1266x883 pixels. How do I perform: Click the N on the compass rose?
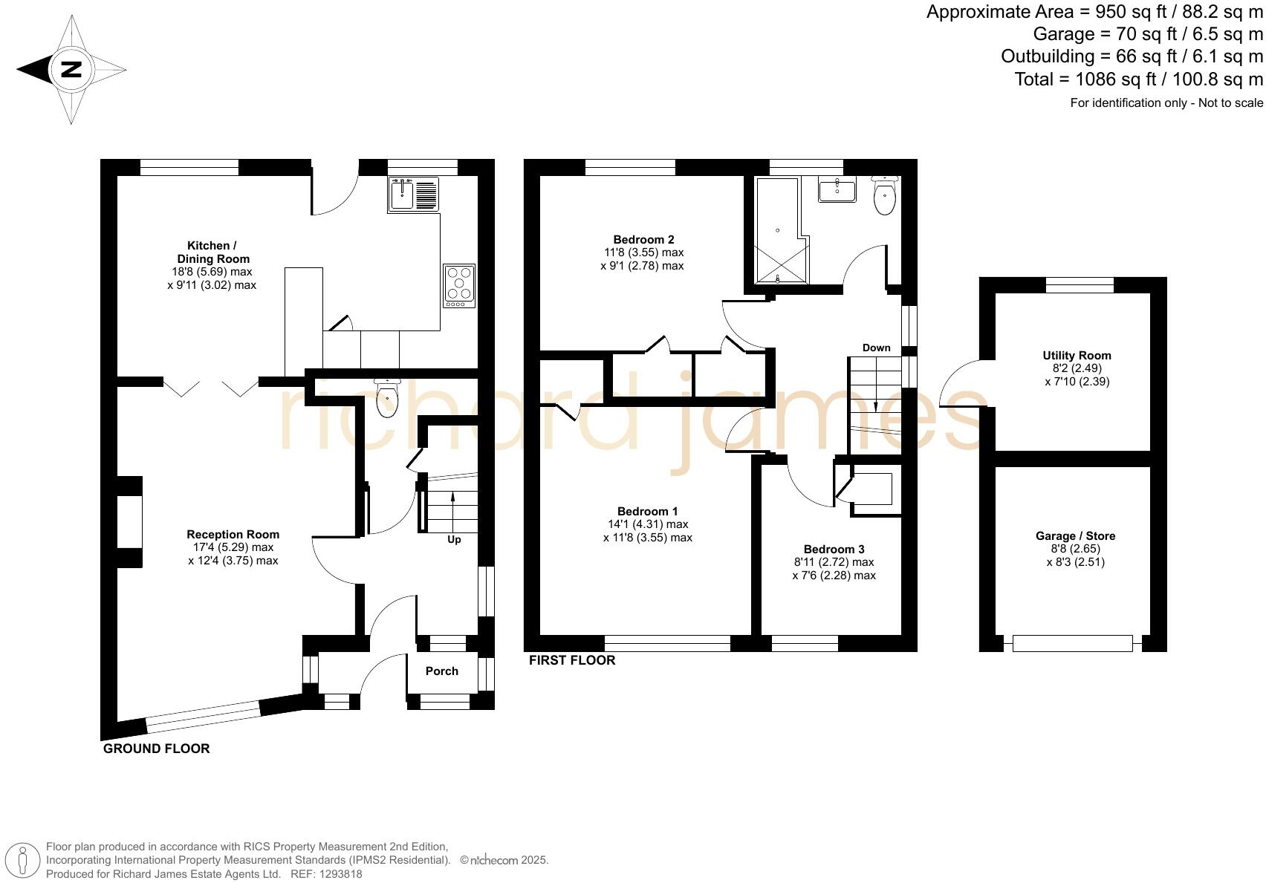[71, 70]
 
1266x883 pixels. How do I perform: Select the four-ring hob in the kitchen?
[459, 286]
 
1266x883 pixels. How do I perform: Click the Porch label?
[441, 671]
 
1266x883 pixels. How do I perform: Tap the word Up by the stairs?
[454, 539]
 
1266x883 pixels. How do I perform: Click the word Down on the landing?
[876, 348]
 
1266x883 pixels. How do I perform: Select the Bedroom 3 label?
[834, 550]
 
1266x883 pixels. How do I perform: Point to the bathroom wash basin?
[837, 189]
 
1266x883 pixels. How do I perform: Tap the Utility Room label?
[1077, 356]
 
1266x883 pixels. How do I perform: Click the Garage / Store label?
[1075, 536]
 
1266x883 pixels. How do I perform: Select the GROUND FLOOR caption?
[156, 749]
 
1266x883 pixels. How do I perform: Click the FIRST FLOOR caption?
[571, 660]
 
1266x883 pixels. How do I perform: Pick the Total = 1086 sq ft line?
[1138, 79]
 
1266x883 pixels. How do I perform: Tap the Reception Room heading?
[233, 535]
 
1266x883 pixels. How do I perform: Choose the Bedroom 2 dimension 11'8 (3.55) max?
[643, 252]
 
